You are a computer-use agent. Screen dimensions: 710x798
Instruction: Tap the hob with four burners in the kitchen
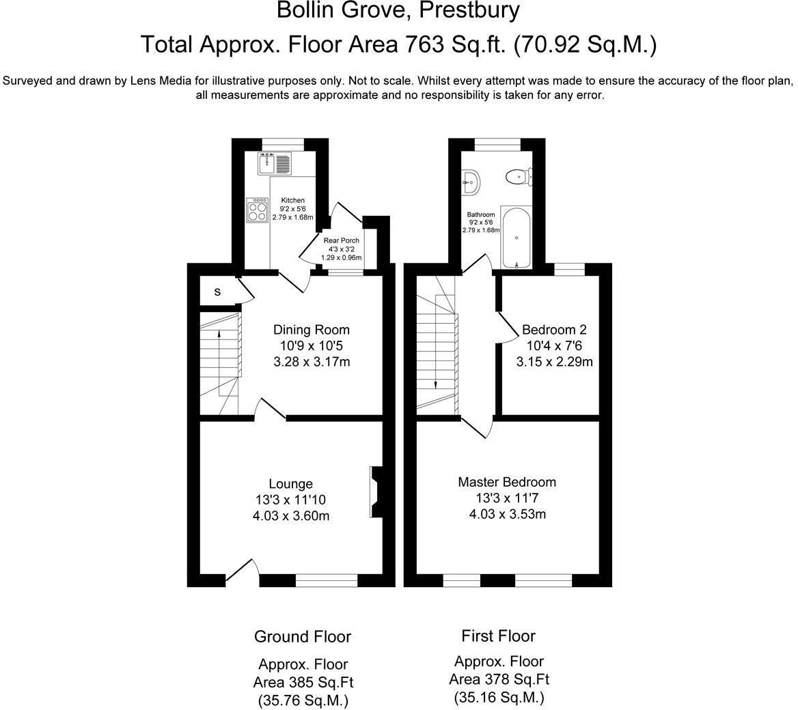point(258,211)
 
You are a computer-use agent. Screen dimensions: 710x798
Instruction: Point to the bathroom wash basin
point(471,180)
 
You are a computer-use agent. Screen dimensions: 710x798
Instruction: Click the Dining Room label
point(312,330)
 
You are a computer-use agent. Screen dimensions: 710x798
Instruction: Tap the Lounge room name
point(290,484)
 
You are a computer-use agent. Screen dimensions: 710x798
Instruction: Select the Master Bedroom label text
point(507,482)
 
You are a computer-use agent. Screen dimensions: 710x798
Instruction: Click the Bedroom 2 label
point(554,330)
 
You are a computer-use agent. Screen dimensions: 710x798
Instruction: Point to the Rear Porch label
point(342,240)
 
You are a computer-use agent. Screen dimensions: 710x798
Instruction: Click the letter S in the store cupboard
point(218,292)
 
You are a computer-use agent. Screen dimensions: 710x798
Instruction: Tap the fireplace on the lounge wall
point(376,492)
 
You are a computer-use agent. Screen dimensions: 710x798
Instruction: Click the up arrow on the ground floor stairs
point(218,334)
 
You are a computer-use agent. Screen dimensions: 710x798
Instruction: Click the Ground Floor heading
point(302,637)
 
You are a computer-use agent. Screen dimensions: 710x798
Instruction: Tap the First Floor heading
point(498,636)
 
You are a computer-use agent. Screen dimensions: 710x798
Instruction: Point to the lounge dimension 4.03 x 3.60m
point(290,516)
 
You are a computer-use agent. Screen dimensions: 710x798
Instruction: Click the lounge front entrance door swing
point(244,569)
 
